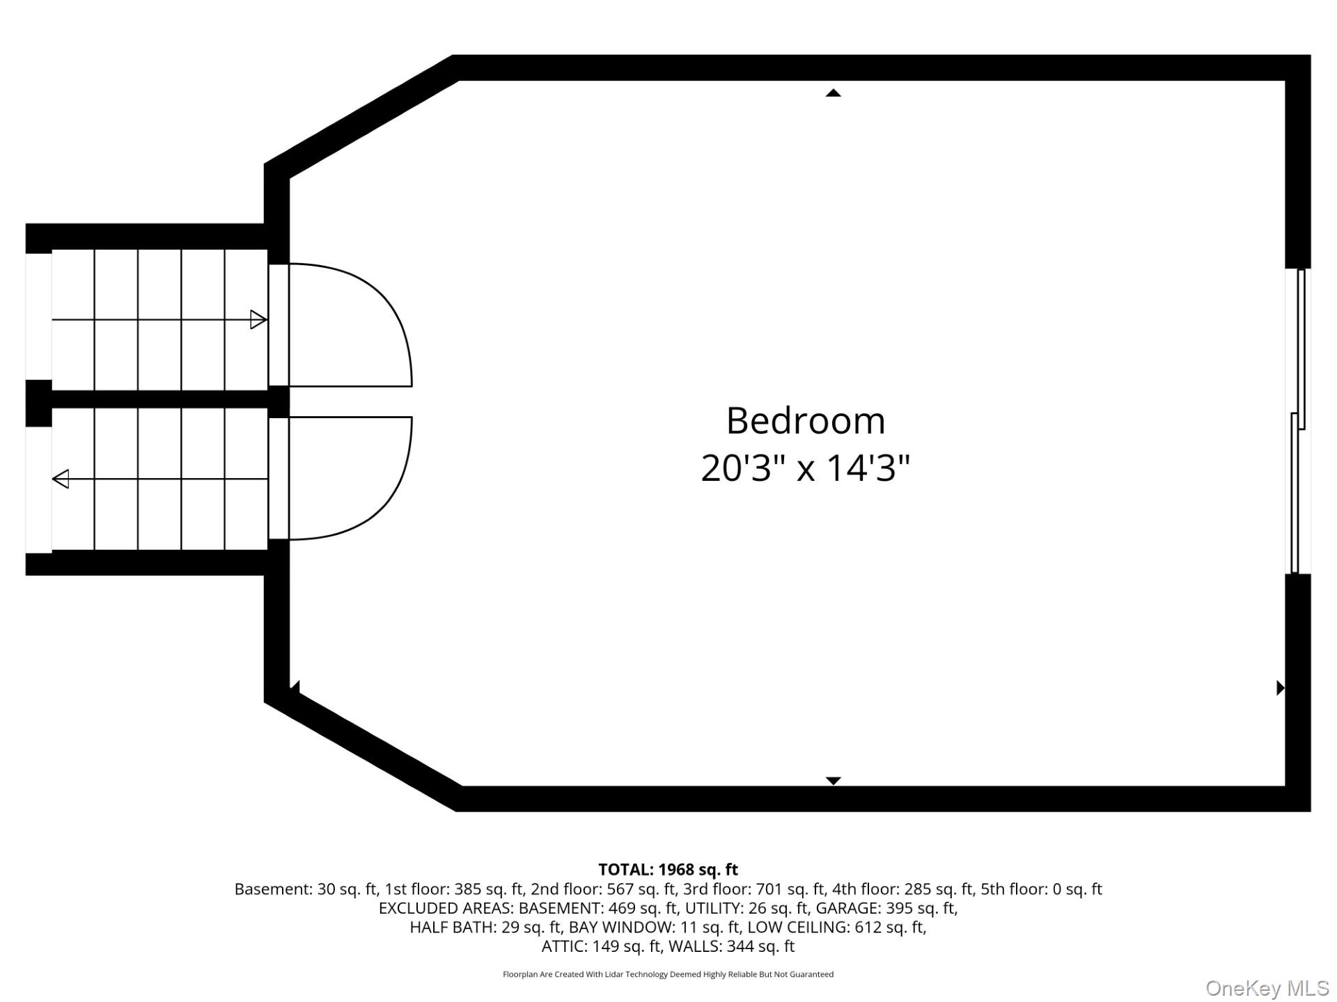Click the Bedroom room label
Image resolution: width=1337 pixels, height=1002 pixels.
[806, 421]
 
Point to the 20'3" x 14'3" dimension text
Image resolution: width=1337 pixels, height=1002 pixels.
[806, 468]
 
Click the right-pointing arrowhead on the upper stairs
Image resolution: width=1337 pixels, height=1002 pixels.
[258, 320]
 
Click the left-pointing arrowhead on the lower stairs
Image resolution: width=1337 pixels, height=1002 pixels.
[61, 479]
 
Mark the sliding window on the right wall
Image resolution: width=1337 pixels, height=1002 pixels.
[1298, 421]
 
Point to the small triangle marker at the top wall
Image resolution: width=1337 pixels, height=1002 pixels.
[834, 93]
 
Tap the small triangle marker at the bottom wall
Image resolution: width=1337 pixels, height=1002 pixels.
[834, 781]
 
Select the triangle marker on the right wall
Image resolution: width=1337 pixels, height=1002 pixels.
[1280, 687]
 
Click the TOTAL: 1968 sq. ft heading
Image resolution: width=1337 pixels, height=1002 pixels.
[668, 870]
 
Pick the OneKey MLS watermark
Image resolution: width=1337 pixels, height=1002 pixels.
[1267, 988]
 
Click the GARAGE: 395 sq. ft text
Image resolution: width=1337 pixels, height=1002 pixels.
[886, 909]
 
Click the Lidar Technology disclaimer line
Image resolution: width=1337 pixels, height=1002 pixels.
[668, 975]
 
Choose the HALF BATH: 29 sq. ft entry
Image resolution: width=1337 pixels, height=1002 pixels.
[485, 928]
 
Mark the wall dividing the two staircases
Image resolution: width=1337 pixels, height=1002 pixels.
[157, 399]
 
